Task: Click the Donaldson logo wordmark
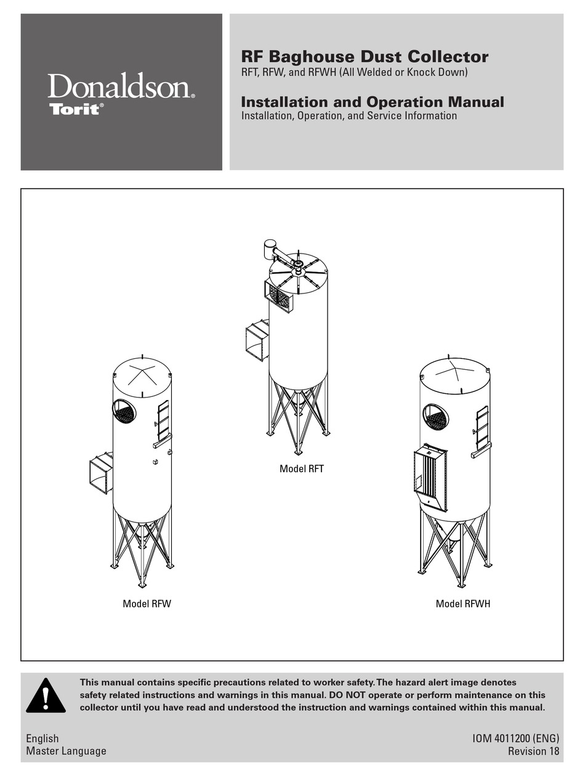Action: tap(121, 87)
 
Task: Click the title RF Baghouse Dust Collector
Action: tap(365, 57)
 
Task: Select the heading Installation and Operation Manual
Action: tap(372, 102)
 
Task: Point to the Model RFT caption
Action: tap(301, 469)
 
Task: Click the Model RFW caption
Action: tap(147, 604)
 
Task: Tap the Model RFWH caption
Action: tap(462, 604)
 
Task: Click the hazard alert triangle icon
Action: tap(46, 696)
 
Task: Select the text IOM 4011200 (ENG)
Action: tap(515, 738)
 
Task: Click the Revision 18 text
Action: tap(533, 751)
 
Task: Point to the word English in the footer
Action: tap(42, 738)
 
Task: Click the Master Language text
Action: tap(66, 751)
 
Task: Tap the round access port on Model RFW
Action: tap(124, 410)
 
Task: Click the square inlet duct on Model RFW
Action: tap(101, 473)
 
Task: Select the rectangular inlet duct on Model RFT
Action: tap(257, 342)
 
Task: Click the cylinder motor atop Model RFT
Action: tap(270, 249)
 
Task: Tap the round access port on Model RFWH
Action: tap(436, 417)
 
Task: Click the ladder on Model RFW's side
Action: tap(163, 421)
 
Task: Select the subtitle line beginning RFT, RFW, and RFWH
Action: tap(354, 73)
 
